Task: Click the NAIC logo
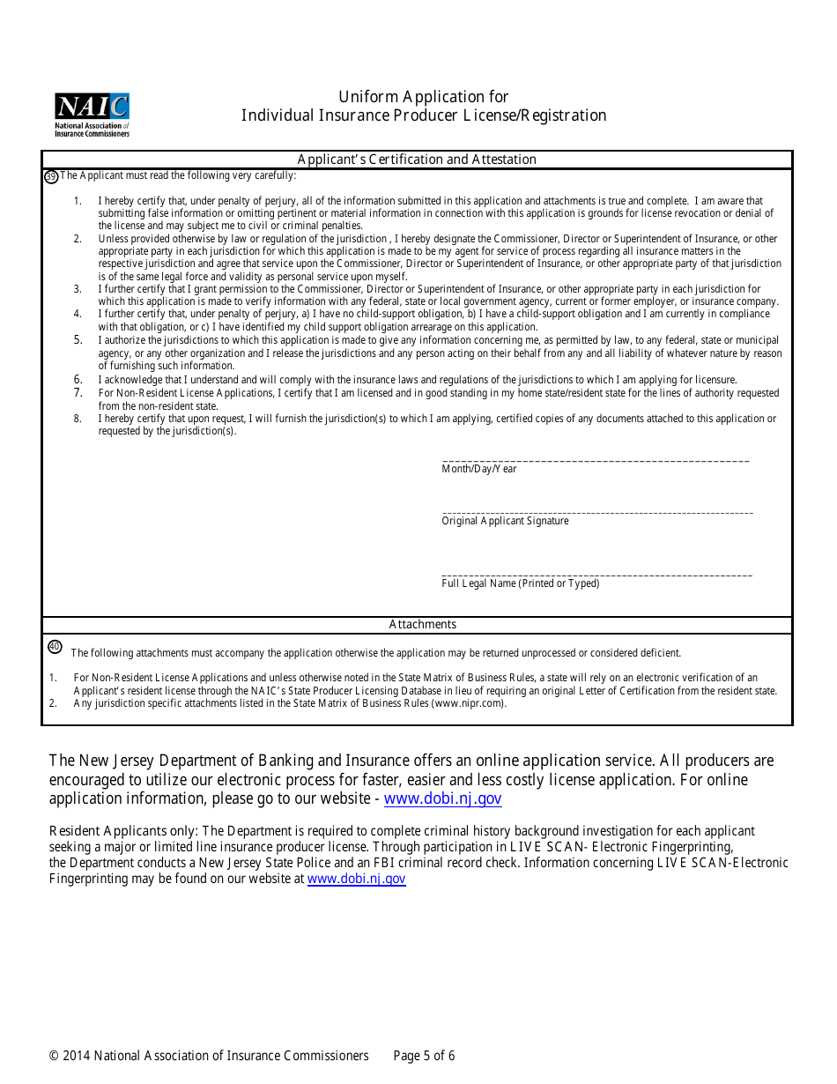[x=92, y=115]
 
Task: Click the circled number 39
[x=51, y=176]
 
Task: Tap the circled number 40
[x=55, y=647]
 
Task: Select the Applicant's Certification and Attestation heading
[x=417, y=160]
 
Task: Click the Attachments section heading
[x=423, y=624]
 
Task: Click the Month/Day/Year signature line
[x=596, y=460]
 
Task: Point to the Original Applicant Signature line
[x=597, y=512]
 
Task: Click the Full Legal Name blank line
[x=597, y=575]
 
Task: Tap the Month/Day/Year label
[x=479, y=469]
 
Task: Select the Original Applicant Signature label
[x=505, y=521]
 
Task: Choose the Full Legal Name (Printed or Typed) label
[x=520, y=583]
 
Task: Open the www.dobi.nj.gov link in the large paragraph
[x=442, y=798]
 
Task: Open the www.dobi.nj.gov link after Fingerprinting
[x=356, y=879]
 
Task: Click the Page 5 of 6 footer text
[x=424, y=1056]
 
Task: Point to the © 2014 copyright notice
[x=209, y=1056]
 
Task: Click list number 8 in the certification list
[x=78, y=419]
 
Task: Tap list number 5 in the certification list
[x=78, y=340]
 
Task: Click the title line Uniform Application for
[x=424, y=97]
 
